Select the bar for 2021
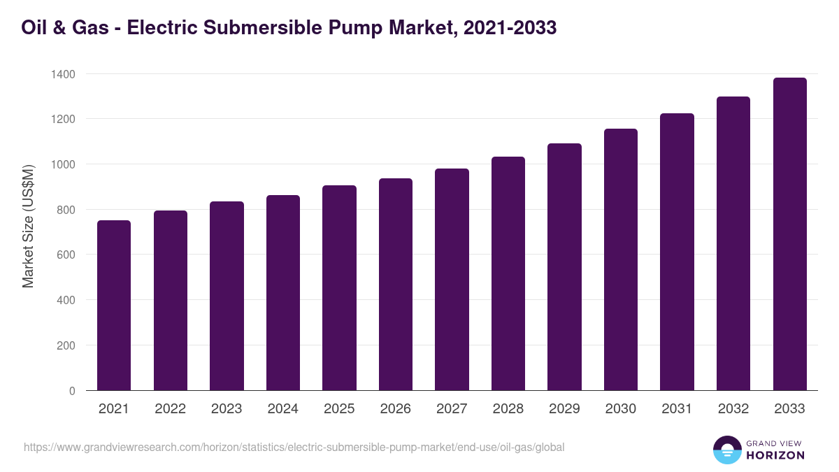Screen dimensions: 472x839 coord(114,306)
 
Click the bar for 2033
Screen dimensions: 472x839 coord(789,234)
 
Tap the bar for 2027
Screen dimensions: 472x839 coord(452,280)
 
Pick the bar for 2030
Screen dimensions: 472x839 coord(621,259)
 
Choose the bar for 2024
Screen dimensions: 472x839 coord(283,293)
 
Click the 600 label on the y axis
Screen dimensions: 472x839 coord(66,255)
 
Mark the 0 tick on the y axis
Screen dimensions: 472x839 coord(72,391)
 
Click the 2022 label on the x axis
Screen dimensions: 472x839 coord(171,409)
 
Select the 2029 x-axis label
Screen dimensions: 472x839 coord(564,409)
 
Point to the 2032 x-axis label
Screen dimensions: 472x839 coord(733,409)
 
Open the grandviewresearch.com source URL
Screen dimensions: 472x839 coord(294,447)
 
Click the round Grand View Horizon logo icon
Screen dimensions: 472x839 coord(727,450)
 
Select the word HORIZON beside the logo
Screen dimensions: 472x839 coord(775,455)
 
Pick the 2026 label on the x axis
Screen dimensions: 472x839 coord(396,409)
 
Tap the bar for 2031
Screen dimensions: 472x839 coord(677,252)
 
